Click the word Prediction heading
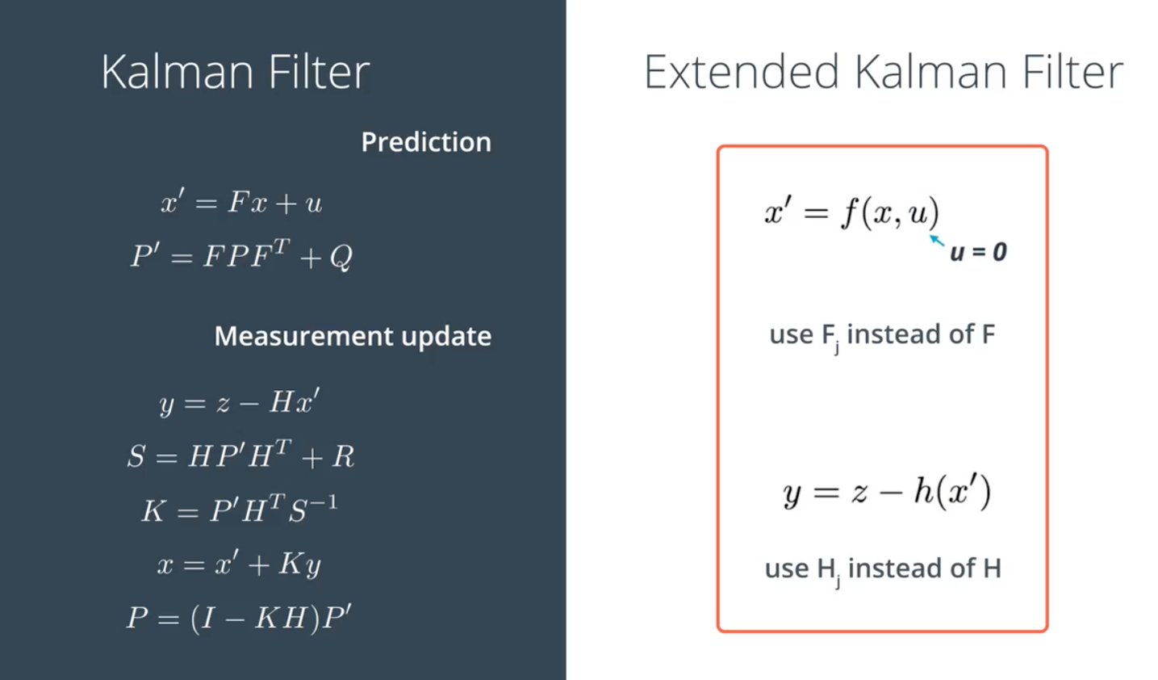point(426,142)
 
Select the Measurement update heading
point(353,337)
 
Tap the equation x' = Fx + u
point(241,202)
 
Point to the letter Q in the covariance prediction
point(341,257)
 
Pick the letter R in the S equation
point(343,456)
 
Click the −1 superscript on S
point(324,502)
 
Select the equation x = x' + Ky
point(240,564)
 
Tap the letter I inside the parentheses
point(207,617)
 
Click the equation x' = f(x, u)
point(852,212)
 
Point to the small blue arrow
point(937,241)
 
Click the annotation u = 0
point(979,253)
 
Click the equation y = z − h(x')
point(887,492)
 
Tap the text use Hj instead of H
point(883,570)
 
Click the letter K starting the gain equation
point(154,511)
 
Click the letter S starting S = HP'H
point(136,456)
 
